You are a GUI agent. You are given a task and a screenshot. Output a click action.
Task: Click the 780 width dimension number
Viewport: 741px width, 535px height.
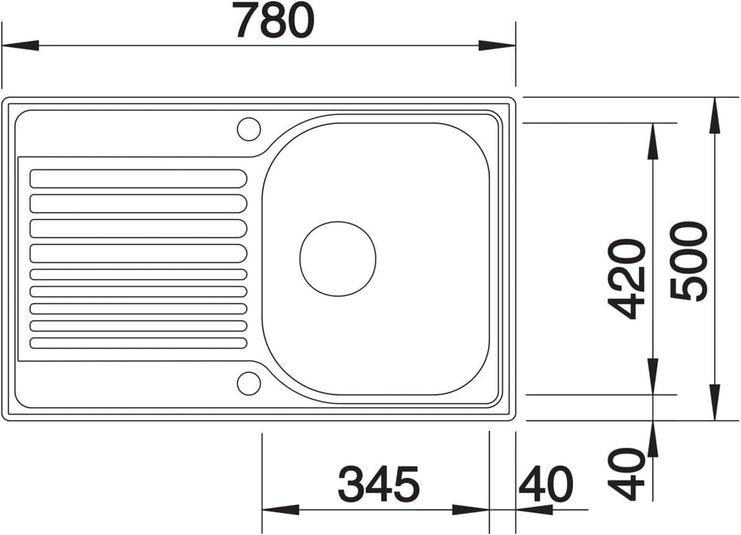[274, 21]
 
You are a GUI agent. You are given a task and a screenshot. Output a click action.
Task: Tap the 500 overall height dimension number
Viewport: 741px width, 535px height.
[690, 261]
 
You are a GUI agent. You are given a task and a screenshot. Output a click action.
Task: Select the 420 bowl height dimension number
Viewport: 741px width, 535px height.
[626, 279]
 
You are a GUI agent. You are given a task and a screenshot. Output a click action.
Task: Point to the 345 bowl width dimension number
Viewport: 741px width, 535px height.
[379, 484]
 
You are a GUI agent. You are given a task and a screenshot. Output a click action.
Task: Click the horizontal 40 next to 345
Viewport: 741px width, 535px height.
[545, 484]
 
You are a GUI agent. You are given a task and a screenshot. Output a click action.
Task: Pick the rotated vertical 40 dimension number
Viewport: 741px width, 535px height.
[626, 474]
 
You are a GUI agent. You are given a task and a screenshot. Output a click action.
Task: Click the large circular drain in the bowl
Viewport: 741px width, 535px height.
[338, 259]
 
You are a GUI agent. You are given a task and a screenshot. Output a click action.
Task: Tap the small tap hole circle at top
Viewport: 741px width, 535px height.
[248, 129]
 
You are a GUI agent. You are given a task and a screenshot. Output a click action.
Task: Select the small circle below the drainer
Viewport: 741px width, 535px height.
[248, 383]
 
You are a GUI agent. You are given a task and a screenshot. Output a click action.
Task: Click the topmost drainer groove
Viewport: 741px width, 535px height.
[138, 178]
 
